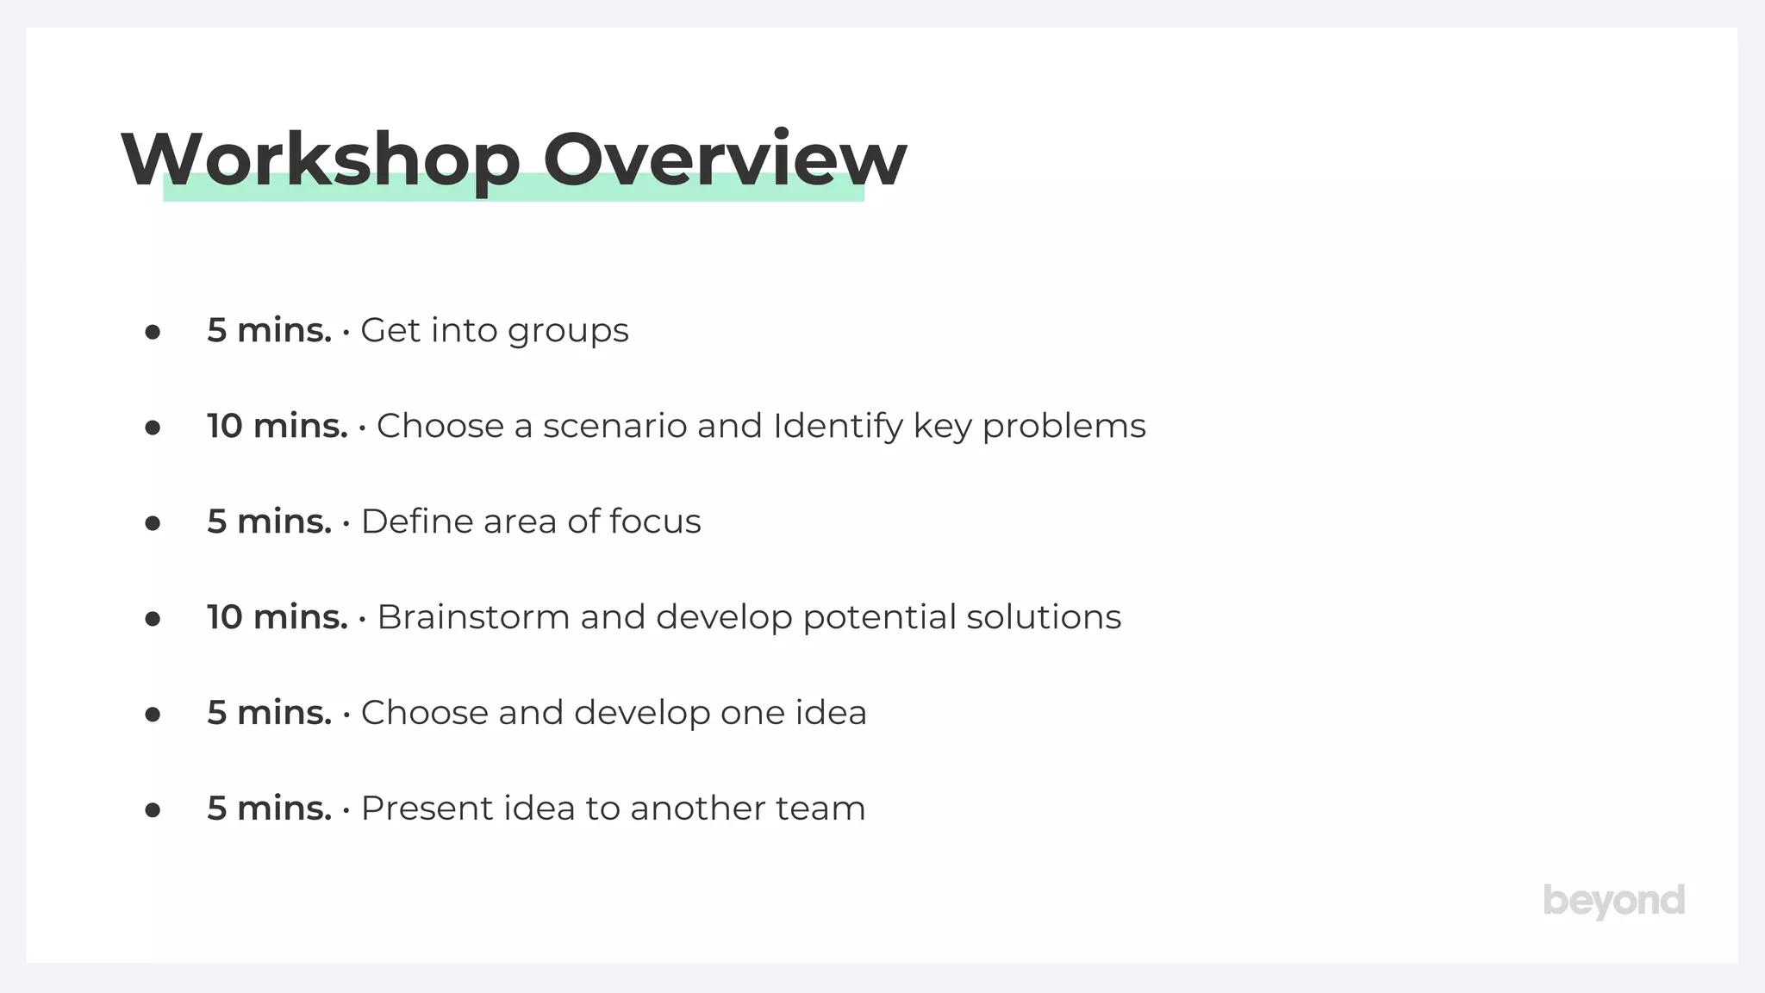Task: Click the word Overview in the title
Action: [725, 159]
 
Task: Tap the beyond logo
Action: [1613, 902]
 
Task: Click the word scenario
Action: [614, 427]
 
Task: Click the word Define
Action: [417, 521]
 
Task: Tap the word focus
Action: [655, 521]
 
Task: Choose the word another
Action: [697, 809]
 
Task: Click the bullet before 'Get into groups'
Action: [153, 332]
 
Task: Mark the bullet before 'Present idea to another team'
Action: [153, 809]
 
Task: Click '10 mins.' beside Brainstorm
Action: [277, 617]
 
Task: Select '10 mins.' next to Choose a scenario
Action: [277, 427]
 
